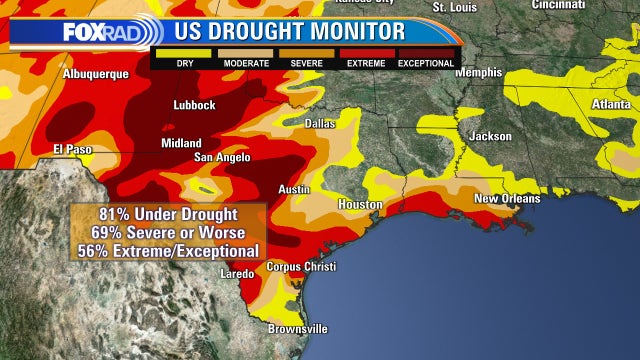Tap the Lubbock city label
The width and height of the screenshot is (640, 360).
click(x=193, y=105)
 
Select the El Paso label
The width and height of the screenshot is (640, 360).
click(x=72, y=149)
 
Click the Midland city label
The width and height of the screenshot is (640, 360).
click(x=181, y=143)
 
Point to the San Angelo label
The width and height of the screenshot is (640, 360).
click(x=222, y=157)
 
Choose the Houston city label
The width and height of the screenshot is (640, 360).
click(x=360, y=204)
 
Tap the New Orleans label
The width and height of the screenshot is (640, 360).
click(x=506, y=198)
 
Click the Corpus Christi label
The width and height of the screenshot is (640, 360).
click(x=301, y=267)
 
